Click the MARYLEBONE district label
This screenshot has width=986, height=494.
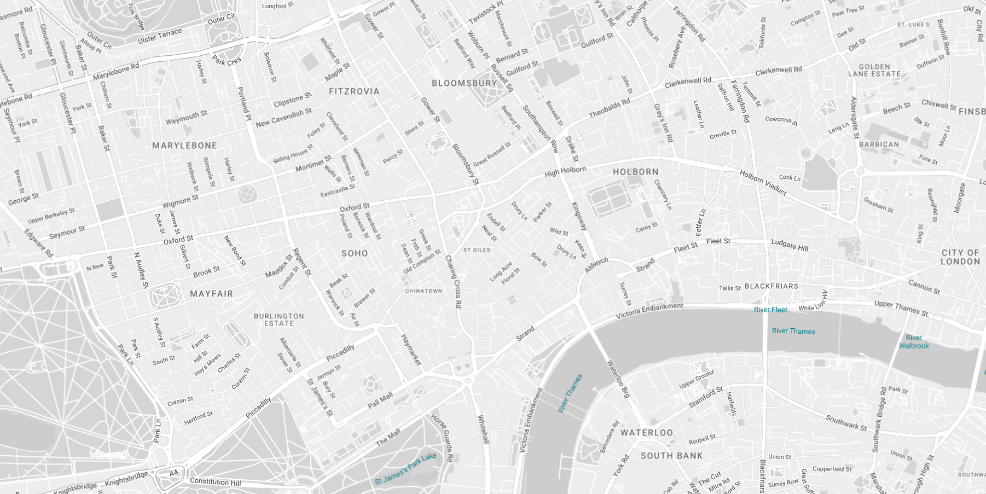tap(184, 146)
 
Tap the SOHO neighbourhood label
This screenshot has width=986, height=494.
tap(355, 253)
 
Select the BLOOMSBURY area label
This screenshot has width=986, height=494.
tap(464, 83)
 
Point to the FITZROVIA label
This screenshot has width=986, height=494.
tap(354, 91)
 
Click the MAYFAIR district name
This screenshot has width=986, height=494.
tap(211, 294)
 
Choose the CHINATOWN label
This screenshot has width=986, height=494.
tap(424, 291)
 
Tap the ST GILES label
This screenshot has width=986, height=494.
tap(477, 250)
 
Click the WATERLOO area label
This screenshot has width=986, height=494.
tap(647, 433)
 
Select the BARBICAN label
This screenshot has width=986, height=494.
tap(879, 144)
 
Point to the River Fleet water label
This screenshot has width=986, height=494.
tap(770, 310)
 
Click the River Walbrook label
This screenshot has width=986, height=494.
tap(914, 341)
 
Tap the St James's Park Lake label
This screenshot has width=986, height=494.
tap(405, 469)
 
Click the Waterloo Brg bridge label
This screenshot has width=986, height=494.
tap(619, 379)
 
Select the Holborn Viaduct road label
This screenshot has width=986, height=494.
tap(763, 183)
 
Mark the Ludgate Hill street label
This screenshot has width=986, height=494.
tap(789, 245)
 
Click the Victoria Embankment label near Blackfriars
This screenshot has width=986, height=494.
tap(649, 311)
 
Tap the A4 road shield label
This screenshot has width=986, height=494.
tap(173, 473)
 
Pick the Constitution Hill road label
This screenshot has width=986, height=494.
tap(215, 481)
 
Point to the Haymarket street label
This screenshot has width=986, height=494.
tap(411, 350)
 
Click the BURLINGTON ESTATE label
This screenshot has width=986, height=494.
tap(279, 319)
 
